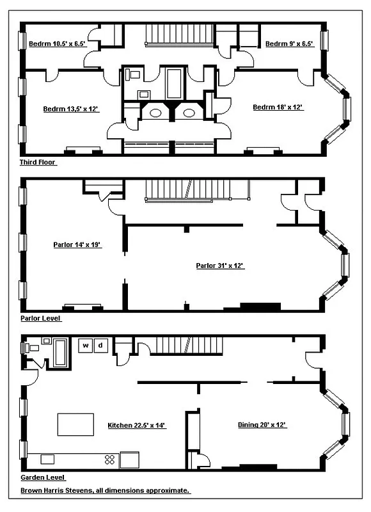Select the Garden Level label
43,477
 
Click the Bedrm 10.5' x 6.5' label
57,44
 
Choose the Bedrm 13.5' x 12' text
70,109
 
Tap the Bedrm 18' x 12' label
278,108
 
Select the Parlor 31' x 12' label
220,266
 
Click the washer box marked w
85,346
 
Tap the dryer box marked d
100,346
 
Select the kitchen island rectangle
72,424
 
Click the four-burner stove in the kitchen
109,459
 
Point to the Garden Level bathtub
61,353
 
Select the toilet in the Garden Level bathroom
28,348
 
